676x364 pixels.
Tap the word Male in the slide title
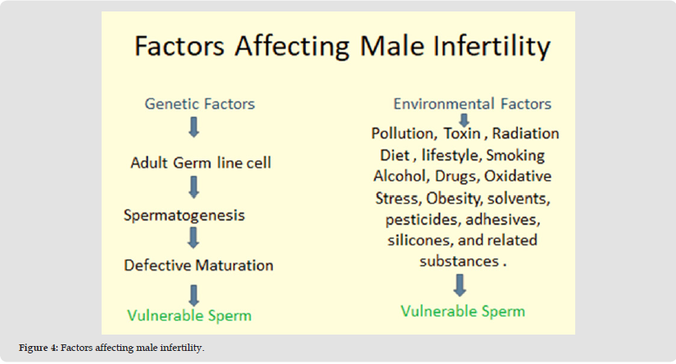tap(392, 46)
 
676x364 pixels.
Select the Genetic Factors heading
tap(200, 104)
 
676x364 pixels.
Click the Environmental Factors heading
tap(472, 104)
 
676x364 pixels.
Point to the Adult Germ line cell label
tap(201, 163)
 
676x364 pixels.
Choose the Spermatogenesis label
tap(184, 215)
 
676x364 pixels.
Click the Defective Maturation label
tap(198, 265)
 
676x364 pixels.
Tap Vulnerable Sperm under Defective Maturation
tap(189, 316)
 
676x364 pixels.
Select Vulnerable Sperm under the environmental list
tap(463, 311)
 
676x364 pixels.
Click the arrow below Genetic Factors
tap(194, 127)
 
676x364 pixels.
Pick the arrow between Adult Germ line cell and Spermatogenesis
tap(194, 187)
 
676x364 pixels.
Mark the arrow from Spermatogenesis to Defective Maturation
tap(193, 237)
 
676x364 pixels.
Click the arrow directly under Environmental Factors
tap(464, 120)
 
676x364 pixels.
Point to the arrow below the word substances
tap(460, 285)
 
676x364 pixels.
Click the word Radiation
tap(525, 133)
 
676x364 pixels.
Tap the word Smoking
tap(515, 155)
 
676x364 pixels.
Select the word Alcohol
tap(402, 176)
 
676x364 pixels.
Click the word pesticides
tap(423, 220)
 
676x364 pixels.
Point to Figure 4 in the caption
tap(38, 348)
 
